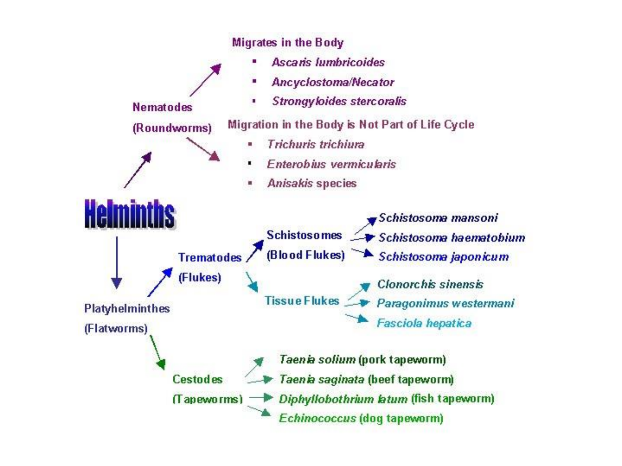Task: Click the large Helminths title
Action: pos(130,214)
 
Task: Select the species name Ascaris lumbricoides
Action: pos(328,63)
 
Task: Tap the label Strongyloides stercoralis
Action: pos(339,101)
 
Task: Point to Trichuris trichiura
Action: pos(315,145)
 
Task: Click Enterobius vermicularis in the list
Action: pos(331,164)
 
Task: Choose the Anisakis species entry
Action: pos(311,183)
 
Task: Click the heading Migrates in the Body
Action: pos(288,42)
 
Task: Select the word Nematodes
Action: pos(162,107)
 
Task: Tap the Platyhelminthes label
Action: pos(127,309)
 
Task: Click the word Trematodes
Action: pos(210,258)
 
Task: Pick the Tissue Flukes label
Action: pos(302,301)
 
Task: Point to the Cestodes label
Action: pos(197,379)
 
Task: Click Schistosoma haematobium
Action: pos(451,238)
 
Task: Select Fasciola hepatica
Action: pos(424,323)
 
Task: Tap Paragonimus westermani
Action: pos(445,303)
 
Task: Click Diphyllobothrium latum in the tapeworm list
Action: pos(343,399)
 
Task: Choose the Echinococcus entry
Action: pos(317,419)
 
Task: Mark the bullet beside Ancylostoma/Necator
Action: pos(254,81)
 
